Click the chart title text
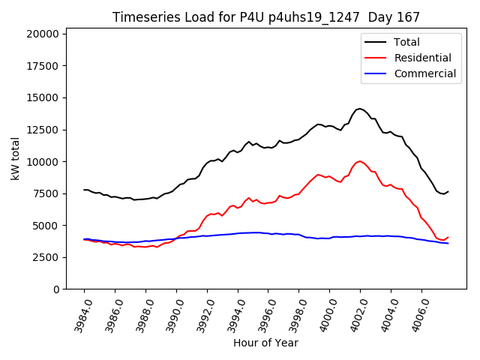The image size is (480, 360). (x=266, y=17)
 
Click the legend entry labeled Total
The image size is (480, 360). (x=406, y=43)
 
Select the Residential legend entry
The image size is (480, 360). (x=422, y=58)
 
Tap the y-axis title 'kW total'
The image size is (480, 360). (x=15, y=158)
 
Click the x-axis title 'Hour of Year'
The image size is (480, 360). (x=265, y=343)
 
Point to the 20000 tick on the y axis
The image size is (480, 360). (x=42, y=34)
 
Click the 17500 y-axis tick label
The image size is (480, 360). (x=42, y=66)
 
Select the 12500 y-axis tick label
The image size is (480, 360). (x=42, y=130)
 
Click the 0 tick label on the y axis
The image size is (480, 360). (x=56, y=289)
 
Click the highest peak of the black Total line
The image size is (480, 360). (x=360, y=109)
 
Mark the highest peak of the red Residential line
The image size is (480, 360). (x=360, y=160)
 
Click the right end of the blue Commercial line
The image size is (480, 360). (x=448, y=243)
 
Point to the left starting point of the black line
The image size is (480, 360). (x=84, y=190)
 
